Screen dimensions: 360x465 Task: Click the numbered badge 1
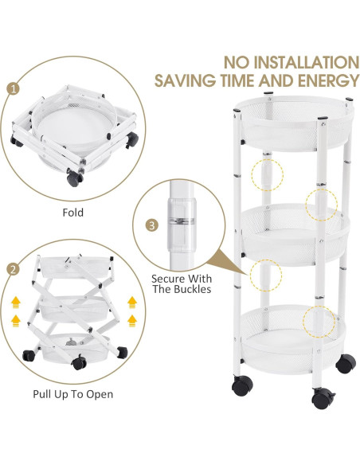pos(13,88)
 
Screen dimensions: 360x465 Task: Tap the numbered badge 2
pos(13,269)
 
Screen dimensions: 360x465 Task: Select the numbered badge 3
pos(152,225)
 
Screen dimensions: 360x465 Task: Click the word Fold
pos(73,213)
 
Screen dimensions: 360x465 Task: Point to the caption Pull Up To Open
pos(73,394)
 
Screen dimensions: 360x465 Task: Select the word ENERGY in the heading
pos(329,80)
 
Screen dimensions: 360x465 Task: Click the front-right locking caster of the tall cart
pos(323,397)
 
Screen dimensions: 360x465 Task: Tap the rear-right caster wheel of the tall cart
pos(346,363)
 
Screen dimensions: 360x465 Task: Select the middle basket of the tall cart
pos(295,234)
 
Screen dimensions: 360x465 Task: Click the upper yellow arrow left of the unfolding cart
pos(16,303)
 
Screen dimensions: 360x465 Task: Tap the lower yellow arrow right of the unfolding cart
pos(132,321)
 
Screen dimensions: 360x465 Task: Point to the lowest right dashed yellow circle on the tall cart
pos(319,322)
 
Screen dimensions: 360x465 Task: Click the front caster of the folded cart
pos(74,178)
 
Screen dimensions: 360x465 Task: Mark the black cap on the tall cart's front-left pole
pos(237,111)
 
